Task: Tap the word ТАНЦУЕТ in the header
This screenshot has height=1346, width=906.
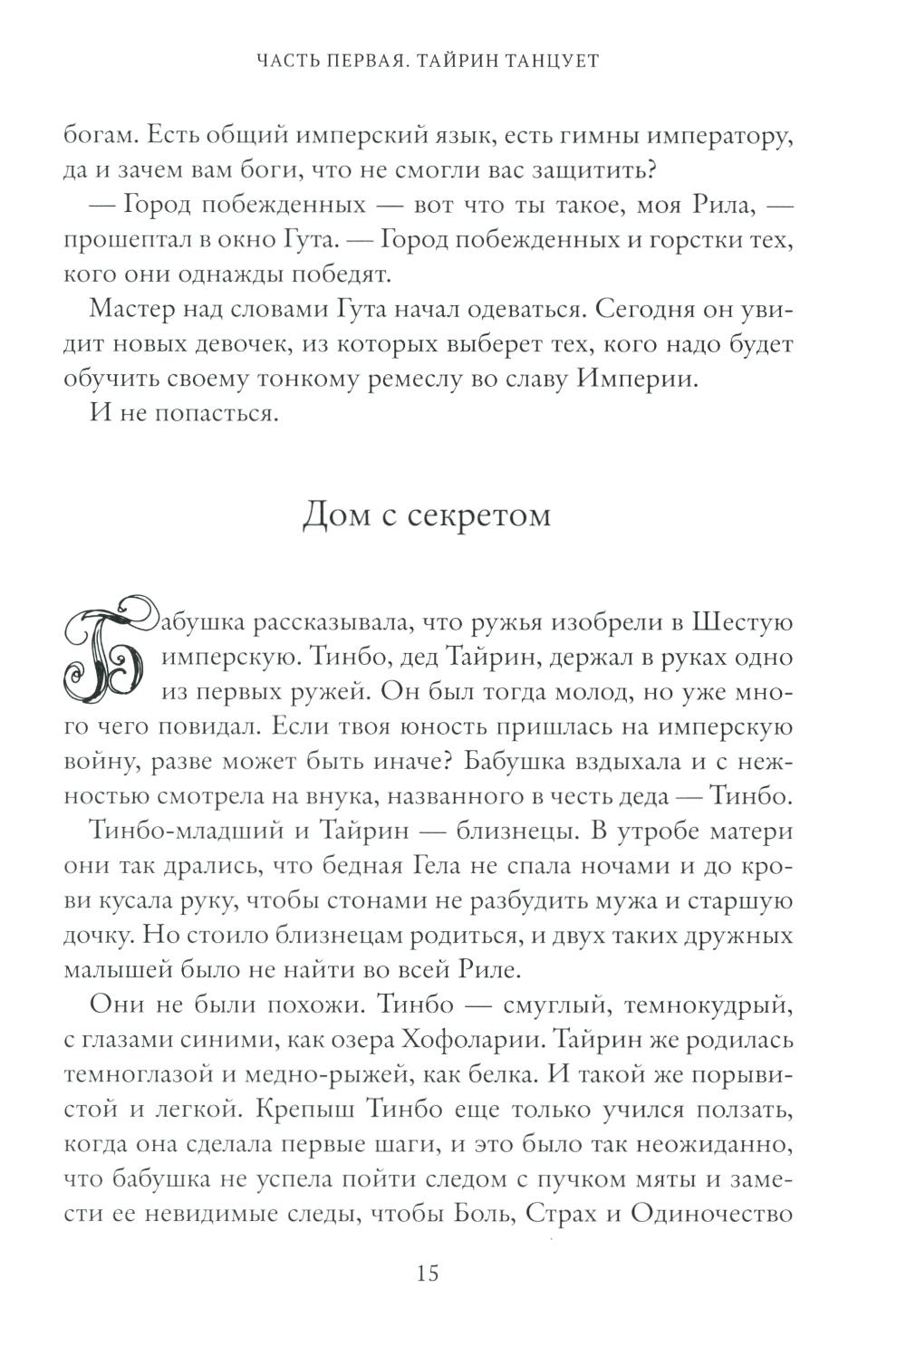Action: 555,62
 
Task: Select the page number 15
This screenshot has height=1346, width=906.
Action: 427,1274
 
